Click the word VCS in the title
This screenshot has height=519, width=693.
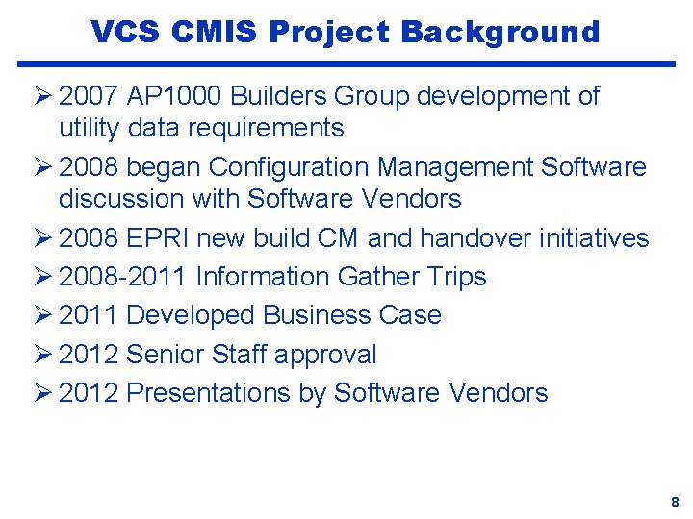[x=125, y=32]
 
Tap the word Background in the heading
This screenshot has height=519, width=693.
[x=500, y=32]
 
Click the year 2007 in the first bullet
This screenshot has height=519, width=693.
[x=89, y=96]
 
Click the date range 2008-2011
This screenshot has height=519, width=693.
[x=123, y=277]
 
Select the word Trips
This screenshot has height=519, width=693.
[x=455, y=277]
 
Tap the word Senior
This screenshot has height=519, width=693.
[x=166, y=355]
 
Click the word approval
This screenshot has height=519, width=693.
[x=325, y=356]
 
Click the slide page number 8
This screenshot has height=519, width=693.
[x=675, y=502]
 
